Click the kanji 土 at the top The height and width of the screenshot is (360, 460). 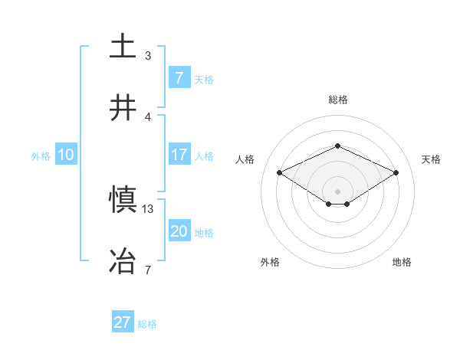(x=123, y=46)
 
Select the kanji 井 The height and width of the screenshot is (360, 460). (x=123, y=107)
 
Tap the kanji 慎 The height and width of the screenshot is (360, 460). (x=123, y=200)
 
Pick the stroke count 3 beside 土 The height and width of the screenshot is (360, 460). (x=148, y=55)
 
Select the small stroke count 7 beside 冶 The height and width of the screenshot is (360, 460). (x=148, y=270)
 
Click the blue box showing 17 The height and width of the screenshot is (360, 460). (x=179, y=155)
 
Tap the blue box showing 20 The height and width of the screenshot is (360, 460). (x=179, y=231)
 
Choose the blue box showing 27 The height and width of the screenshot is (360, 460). (x=123, y=322)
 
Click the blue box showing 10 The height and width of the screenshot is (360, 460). (x=65, y=155)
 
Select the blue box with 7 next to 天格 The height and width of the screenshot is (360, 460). (x=179, y=77)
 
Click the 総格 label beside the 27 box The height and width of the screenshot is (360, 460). (x=147, y=324)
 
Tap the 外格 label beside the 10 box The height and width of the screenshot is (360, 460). (x=40, y=156)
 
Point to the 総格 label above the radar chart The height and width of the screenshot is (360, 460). (x=338, y=100)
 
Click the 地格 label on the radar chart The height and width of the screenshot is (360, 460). (x=402, y=263)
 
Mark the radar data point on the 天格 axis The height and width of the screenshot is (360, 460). (x=396, y=172)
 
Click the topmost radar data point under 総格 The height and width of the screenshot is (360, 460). (x=338, y=146)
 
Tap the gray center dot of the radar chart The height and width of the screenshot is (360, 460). (x=338, y=191)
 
